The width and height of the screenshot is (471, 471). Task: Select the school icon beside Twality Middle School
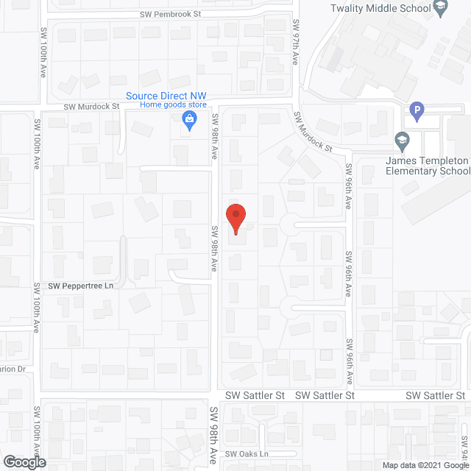pyautogui.click(x=441, y=9)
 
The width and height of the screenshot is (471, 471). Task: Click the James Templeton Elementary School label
pyautogui.click(x=428, y=166)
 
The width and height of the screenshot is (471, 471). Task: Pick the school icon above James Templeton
pyautogui.click(x=402, y=139)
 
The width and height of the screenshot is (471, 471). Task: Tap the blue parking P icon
pyautogui.click(x=417, y=112)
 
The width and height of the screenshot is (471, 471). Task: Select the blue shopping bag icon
pyautogui.click(x=189, y=121)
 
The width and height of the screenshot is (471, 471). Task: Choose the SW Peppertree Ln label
pyautogui.click(x=81, y=286)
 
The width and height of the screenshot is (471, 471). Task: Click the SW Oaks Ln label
pyautogui.click(x=247, y=454)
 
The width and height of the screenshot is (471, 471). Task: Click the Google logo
pyautogui.click(x=24, y=462)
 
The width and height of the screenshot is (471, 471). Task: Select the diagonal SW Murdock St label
pyautogui.click(x=314, y=132)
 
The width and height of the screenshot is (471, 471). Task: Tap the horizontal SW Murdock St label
pyautogui.click(x=91, y=106)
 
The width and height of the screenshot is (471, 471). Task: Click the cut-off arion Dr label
pyautogui.click(x=13, y=369)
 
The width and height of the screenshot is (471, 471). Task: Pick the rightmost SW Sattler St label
pyautogui.click(x=436, y=395)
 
